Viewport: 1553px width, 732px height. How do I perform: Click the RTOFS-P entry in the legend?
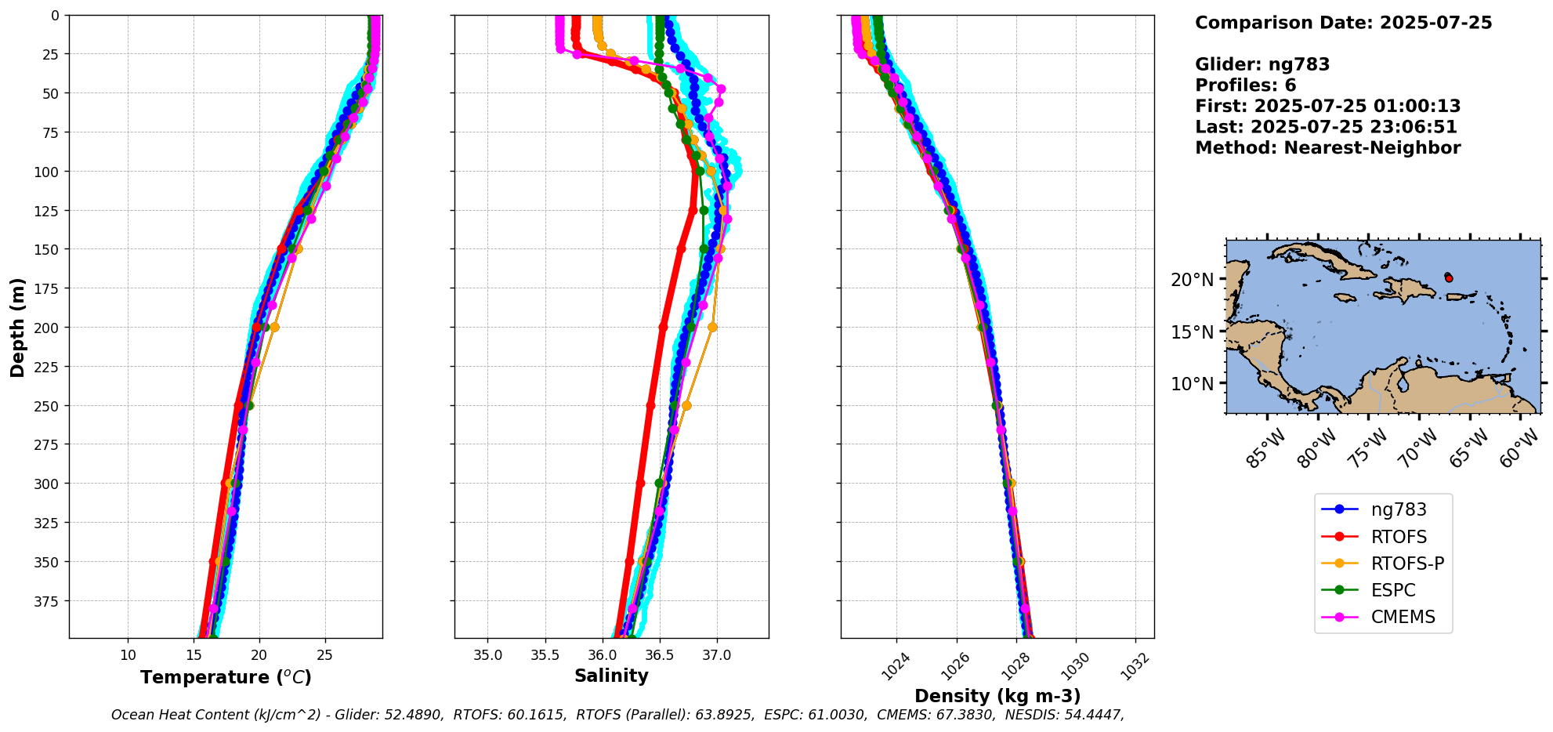pos(1406,563)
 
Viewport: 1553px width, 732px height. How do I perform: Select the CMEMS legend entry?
pos(1403,617)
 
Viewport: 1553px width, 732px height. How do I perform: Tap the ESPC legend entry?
pos(1392,590)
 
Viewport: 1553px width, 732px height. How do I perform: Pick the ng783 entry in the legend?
pos(1398,509)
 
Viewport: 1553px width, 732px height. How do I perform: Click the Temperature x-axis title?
pos(226,677)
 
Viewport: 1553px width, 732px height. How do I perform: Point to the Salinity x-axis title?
pos(611,676)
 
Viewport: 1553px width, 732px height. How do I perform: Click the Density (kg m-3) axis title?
pos(997,696)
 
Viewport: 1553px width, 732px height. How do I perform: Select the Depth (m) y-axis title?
pos(17,327)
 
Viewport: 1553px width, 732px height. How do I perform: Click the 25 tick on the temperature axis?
pos(324,655)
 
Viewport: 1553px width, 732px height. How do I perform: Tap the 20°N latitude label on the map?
pos(1192,280)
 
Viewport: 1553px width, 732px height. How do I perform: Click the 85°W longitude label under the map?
pos(1265,448)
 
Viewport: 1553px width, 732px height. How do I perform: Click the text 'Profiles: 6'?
pos(1245,85)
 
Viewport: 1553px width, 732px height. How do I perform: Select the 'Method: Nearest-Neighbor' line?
pos(1327,148)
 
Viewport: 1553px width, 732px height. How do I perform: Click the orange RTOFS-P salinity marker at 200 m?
pos(712,328)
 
